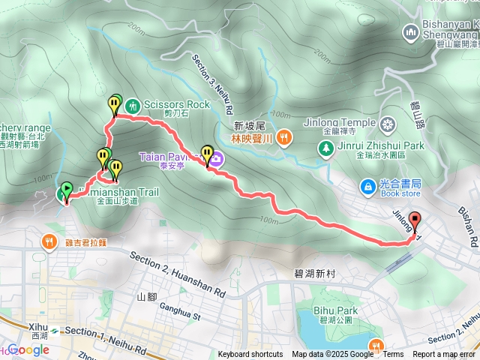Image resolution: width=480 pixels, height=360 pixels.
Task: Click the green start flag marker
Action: (x=66, y=190)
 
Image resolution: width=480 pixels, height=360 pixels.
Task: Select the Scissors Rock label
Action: (x=177, y=105)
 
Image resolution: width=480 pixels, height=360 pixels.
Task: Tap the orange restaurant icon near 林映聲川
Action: (x=283, y=137)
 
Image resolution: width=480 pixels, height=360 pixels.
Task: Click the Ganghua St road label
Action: (x=177, y=316)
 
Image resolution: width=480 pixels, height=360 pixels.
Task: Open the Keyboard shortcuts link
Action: (x=250, y=355)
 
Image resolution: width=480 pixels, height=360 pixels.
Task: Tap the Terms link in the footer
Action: (x=393, y=355)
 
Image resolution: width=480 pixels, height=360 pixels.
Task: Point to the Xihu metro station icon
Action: (x=54, y=330)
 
